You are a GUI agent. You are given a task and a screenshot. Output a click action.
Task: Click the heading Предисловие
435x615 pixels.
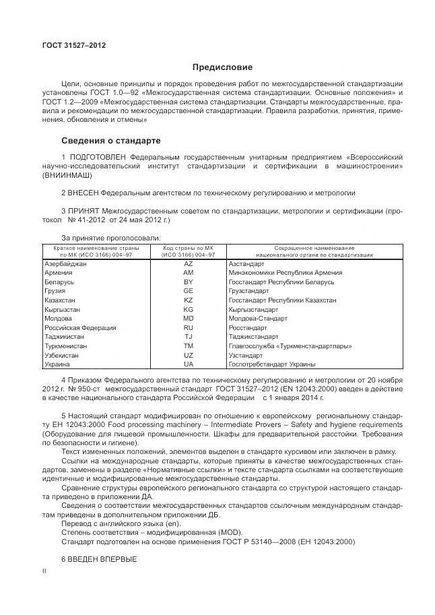pyautogui.click(x=222, y=67)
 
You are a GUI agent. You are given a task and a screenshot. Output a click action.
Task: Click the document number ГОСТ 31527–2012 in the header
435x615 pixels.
pyautogui.click(x=74, y=45)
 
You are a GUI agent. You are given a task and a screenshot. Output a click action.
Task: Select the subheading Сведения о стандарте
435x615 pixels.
pyautogui.click(x=111, y=141)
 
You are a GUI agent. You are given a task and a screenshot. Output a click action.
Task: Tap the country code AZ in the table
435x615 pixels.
pyautogui.click(x=189, y=264)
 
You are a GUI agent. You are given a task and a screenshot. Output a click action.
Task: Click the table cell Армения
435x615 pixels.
pyautogui.click(x=59, y=273)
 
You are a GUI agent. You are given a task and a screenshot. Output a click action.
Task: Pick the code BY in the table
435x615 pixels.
pyautogui.click(x=189, y=282)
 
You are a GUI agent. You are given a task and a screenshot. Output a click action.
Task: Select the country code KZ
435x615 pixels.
pyautogui.click(x=189, y=300)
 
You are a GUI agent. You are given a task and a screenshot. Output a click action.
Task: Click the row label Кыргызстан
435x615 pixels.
pyautogui.click(x=63, y=309)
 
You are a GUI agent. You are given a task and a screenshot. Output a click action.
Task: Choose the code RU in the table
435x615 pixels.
pyautogui.click(x=189, y=327)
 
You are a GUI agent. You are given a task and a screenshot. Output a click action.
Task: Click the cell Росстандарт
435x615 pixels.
pyautogui.click(x=248, y=327)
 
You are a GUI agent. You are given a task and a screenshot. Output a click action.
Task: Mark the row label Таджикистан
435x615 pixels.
pyautogui.click(x=65, y=337)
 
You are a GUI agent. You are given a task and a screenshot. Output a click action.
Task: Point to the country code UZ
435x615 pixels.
pyautogui.click(x=189, y=355)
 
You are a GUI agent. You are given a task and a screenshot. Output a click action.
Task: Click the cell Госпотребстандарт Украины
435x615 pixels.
pyautogui.click(x=272, y=364)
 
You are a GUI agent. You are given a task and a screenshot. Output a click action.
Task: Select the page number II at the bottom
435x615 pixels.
pyautogui.click(x=44, y=571)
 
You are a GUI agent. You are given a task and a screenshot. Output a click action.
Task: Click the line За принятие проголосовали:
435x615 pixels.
pyautogui.click(x=111, y=238)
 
